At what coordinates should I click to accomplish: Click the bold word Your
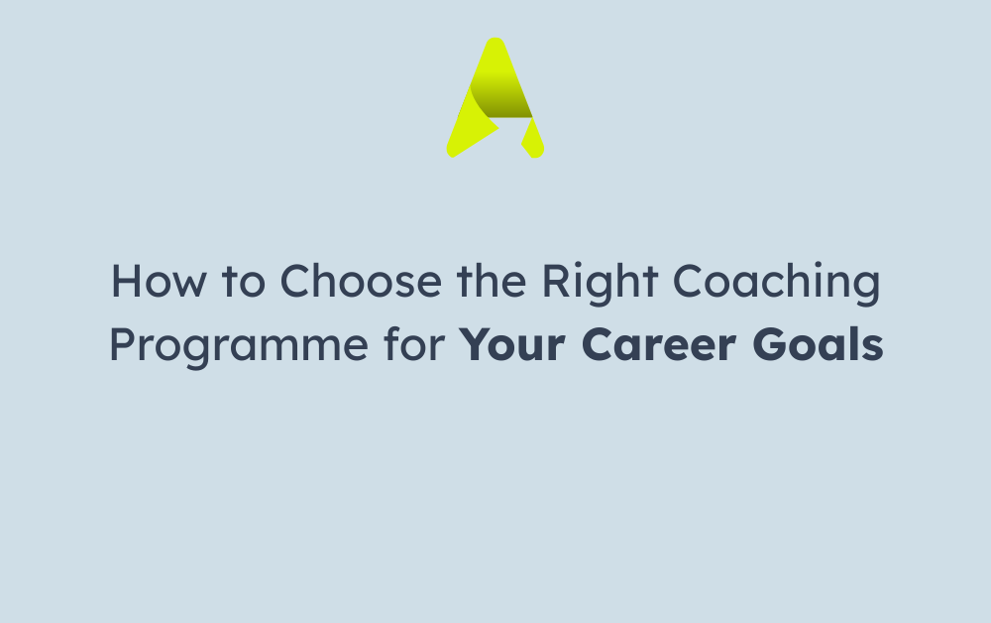coord(516,344)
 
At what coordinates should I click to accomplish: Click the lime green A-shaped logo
coord(495,98)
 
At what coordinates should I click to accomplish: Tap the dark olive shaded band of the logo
coord(500,101)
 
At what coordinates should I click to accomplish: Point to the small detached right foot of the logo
coord(532,139)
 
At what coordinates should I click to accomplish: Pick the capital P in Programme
coord(121,344)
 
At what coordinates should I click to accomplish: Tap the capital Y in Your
coord(478,344)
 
